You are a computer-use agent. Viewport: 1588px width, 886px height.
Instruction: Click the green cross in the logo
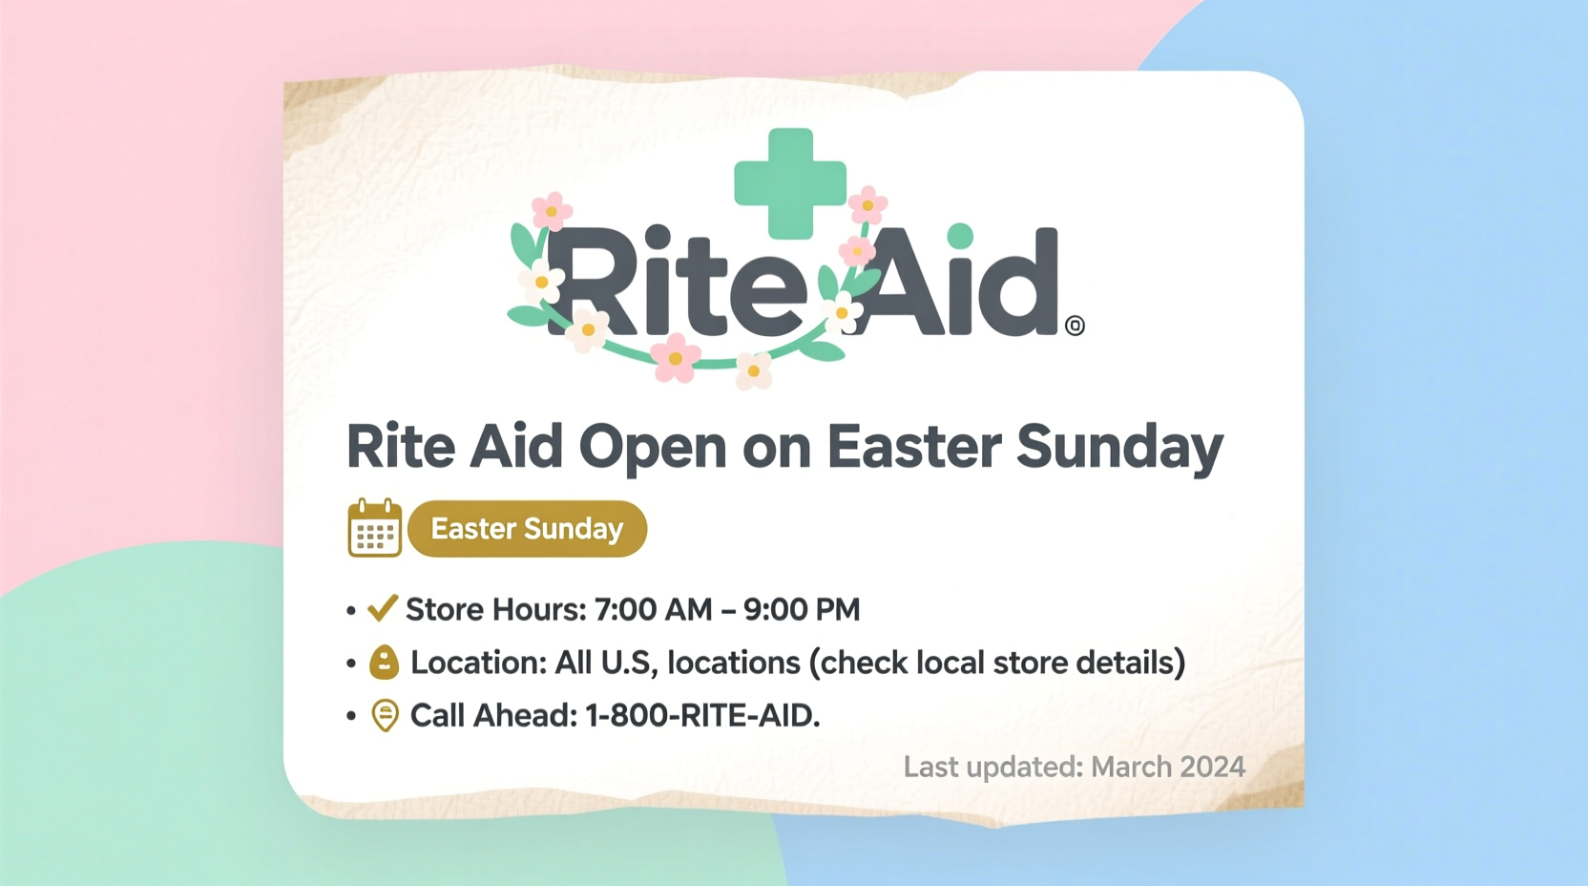click(789, 182)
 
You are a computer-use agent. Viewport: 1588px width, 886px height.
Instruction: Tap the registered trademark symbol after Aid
click(1075, 326)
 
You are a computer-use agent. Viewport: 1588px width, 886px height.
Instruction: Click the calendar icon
click(374, 528)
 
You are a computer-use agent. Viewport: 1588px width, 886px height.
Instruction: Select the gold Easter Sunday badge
click(527, 529)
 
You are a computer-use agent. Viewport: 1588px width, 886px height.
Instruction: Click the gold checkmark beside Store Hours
click(382, 608)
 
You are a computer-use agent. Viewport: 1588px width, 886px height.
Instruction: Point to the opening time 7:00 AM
click(653, 609)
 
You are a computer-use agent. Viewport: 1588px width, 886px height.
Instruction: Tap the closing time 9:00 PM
click(802, 609)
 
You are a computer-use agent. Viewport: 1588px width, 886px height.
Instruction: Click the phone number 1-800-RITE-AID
click(701, 715)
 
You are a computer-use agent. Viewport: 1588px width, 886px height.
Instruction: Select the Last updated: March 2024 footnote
click(1074, 767)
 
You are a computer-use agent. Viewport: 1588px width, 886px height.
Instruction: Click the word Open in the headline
click(652, 448)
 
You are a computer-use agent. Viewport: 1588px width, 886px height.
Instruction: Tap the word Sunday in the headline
click(1118, 448)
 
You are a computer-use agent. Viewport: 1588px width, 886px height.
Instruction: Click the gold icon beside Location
click(384, 662)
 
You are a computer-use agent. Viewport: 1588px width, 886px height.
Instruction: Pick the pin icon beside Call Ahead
click(385, 715)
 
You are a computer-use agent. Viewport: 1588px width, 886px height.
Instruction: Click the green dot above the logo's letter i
click(960, 235)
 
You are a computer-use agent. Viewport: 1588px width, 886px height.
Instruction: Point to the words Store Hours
click(495, 609)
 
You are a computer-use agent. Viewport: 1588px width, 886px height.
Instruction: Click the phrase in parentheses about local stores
click(997, 663)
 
